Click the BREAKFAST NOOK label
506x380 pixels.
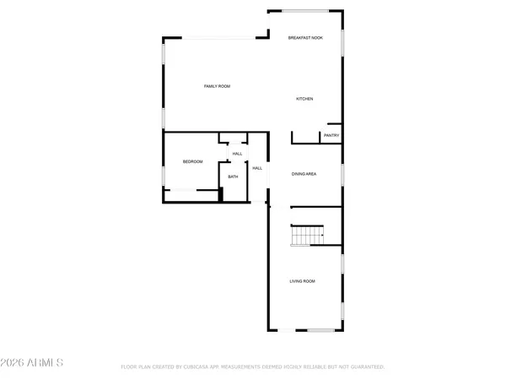pyautogui.click(x=304, y=38)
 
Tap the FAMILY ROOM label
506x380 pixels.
pyautogui.click(x=217, y=86)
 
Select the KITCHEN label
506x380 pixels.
pyautogui.click(x=304, y=99)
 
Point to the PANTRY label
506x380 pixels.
pyautogui.click(x=331, y=135)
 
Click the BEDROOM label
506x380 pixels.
pyautogui.click(x=192, y=161)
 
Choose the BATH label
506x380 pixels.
pyautogui.click(x=233, y=176)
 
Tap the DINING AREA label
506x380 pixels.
pyautogui.click(x=304, y=173)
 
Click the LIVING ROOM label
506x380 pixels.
pyautogui.click(x=303, y=280)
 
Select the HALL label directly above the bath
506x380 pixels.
pyautogui.click(x=237, y=154)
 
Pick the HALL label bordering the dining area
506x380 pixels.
pyautogui.click(x=257, y=168)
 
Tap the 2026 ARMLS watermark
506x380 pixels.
pyautogui.click(x=32, y=362)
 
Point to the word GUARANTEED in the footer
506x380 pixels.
pyautogui.click(x=367, y=367)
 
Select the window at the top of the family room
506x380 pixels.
pyautogui.click(x=215, y=37)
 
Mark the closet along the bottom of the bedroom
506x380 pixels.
pyautogui.click(x=191, y=190)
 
